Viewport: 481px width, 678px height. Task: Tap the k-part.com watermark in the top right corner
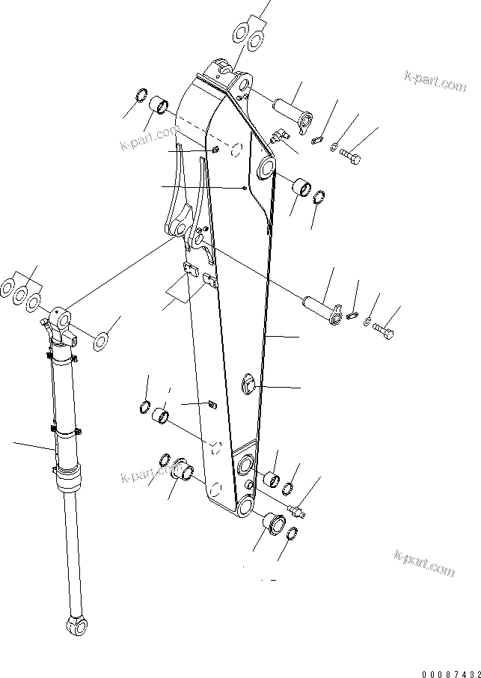[x=434, y=80]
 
